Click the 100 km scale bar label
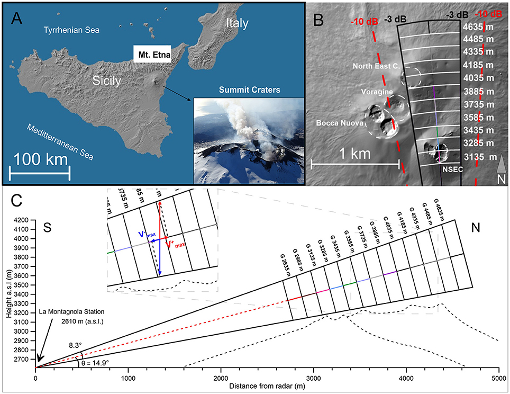[39, 159]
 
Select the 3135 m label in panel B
[478, 157]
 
